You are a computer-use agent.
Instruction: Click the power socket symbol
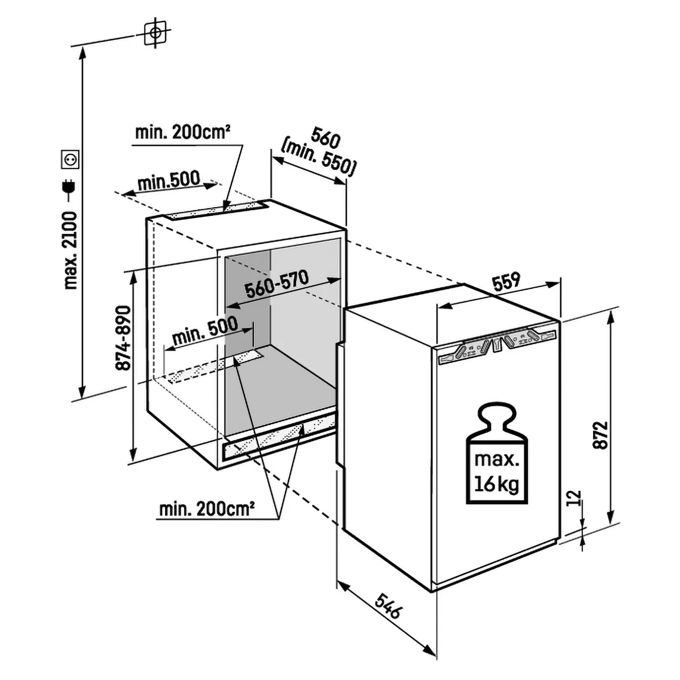(70, 160)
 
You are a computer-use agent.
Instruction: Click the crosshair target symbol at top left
(155, 33)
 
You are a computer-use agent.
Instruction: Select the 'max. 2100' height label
(71, 250)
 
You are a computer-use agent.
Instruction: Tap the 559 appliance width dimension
(506, 282)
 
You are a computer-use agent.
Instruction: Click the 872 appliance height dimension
(600, 435)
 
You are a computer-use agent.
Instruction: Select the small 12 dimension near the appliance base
(573, 498)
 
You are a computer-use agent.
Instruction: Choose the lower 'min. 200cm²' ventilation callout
(206, 509)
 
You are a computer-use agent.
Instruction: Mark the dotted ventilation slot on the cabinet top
(218, 210)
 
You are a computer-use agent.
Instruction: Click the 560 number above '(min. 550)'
(326, 138)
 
